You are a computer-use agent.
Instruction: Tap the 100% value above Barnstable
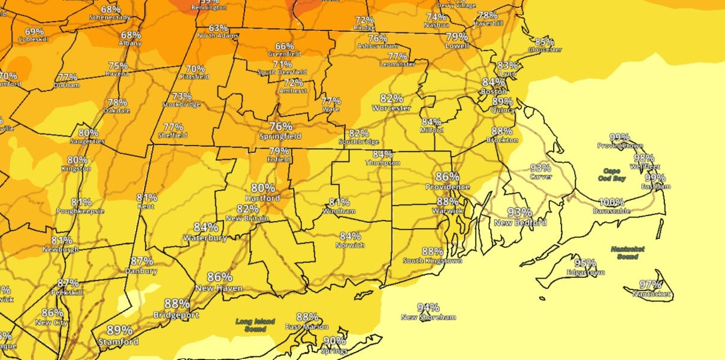click(x=611, y=202)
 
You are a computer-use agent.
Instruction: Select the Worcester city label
click(x=391, y=108)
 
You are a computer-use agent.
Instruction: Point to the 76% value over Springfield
click(x=280, y=126)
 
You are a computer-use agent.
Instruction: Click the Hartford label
click(x=262, y=198)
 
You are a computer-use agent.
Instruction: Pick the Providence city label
click(x=447, y=187)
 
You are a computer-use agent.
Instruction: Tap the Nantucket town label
click(x=650, y=294)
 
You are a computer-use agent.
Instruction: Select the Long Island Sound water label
click(x=255, y=325)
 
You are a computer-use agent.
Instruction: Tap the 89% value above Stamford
click(x=119, y=330)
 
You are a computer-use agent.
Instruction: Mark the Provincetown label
click(x=620, y=146)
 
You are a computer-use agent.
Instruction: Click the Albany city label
click(x=131, y=44)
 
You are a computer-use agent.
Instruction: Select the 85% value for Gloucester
click(x=544, y=41)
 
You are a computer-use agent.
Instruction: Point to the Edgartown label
click(x=585, y=273)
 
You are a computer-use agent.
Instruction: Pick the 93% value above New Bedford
click(x=519, y=212)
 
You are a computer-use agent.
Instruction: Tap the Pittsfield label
click(x=195, y=77)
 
